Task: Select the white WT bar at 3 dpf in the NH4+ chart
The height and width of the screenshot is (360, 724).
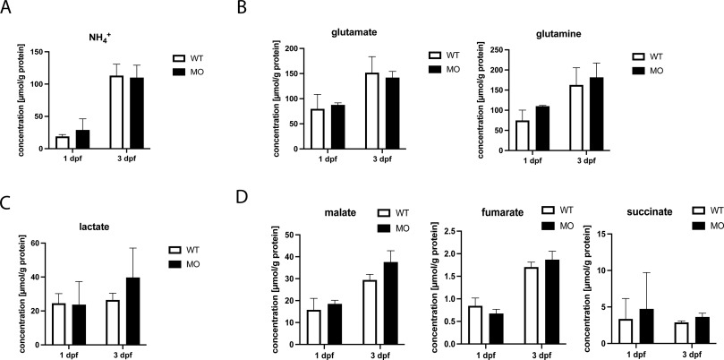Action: point(115,112)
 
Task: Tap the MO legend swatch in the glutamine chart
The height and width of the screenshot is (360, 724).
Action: point(638,69)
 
